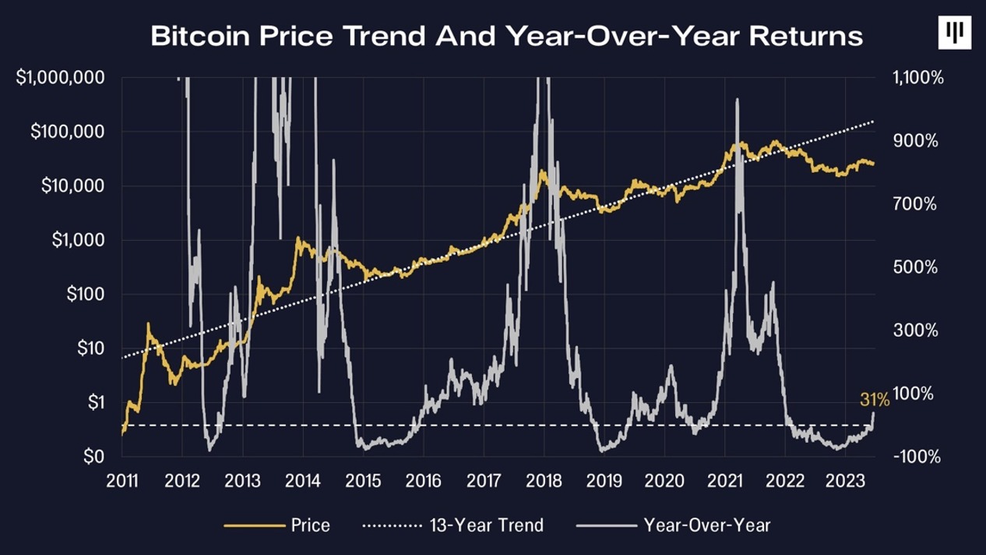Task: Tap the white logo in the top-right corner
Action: pyautogui.click(x=955, y=33)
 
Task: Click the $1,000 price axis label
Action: pyautogui.click(x=78, y=240)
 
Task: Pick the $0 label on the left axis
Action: pyautogui.click(x=94, y=456)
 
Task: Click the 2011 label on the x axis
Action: pyautogui.click(x=121, y=481)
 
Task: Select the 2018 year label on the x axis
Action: pyautogui.click(x=544, y=481)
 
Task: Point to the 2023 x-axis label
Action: pyautogui.click(x=846, y=481)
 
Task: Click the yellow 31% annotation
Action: pyautogui.click(x=874, y=400)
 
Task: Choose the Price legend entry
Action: pyautogui.click(x=310, y=525)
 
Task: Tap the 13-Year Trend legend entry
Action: pyautogui.click(x=486, y=525)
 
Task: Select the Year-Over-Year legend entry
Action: pyautogui.click(x=706, y=525)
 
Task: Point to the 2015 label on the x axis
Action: pyautogui.click(x=363, y=481)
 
